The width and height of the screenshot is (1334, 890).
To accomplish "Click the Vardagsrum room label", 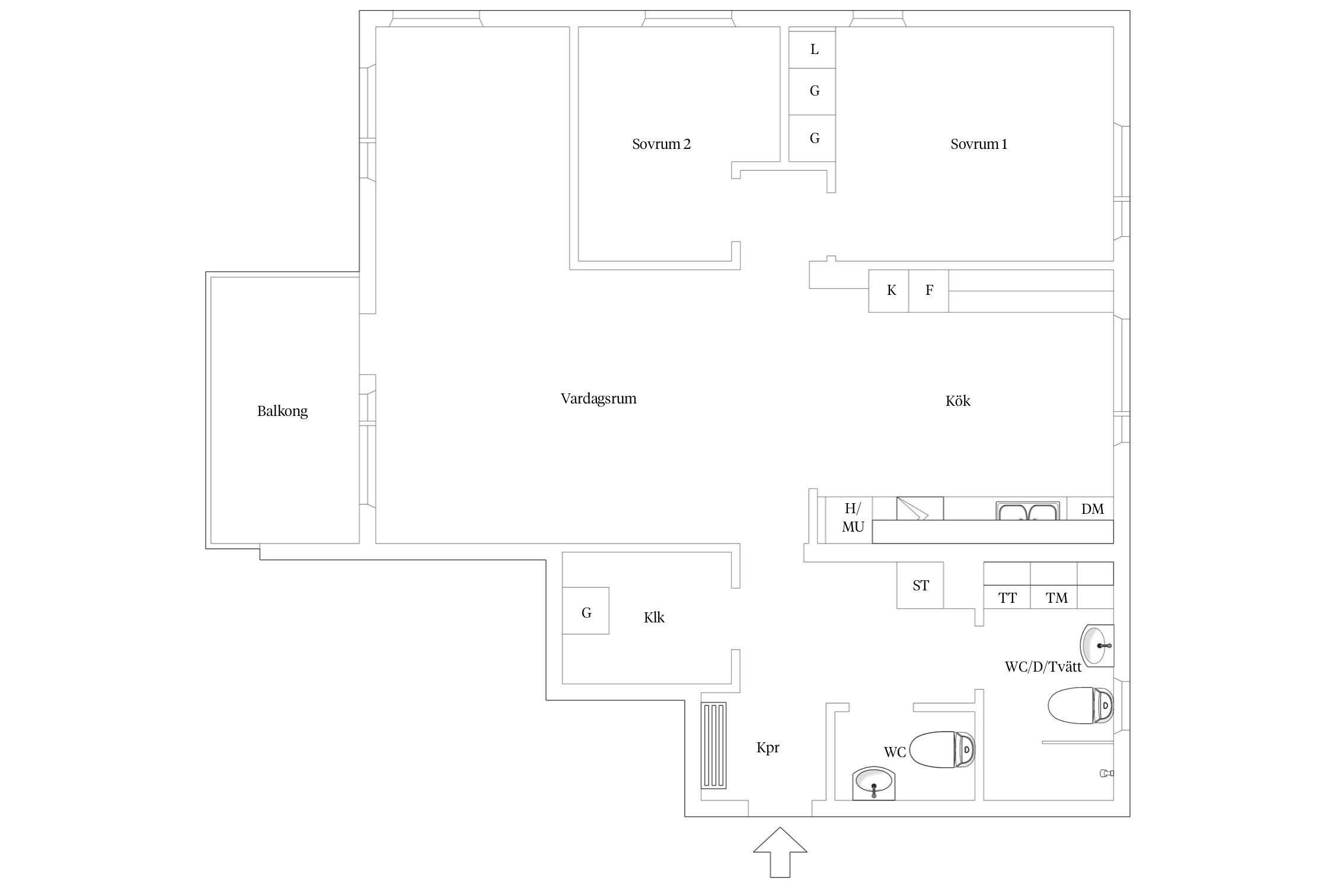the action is click(598, 399).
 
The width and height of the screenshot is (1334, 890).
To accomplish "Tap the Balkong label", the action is click(282, 411).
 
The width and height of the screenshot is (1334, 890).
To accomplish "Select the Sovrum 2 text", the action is click(661, 144).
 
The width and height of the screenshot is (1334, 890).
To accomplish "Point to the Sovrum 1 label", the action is click(979, 144).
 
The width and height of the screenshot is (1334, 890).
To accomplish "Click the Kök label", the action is click(958, 401).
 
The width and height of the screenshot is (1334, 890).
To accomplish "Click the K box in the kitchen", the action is click(889, 291).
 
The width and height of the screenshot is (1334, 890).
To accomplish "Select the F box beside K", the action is click(928, 291).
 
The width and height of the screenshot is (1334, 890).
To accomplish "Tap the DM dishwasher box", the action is click(1090, 508).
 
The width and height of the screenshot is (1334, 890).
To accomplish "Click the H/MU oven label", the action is click(853, 517).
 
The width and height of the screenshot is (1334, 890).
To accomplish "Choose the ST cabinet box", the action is click(920, 585).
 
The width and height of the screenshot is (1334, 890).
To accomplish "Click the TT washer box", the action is click(1007, 597).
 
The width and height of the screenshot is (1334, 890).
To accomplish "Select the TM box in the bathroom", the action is click(1054, 597).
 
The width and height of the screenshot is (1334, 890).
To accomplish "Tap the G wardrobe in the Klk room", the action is click(586, 611).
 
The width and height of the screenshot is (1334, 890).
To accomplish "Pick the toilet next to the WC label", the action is click(942, 749).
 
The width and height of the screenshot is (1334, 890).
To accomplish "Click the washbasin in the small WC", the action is click(874, 783).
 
